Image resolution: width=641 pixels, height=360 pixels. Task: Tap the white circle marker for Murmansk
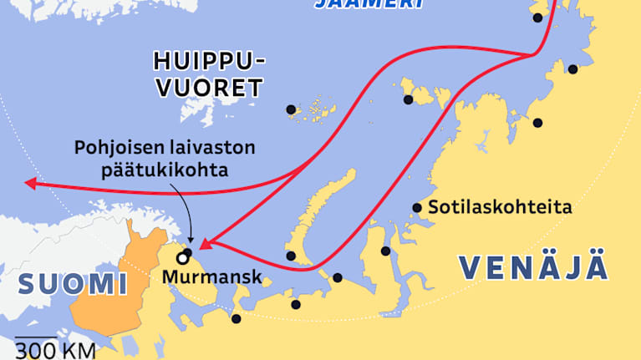181,257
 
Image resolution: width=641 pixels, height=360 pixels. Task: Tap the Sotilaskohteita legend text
500,207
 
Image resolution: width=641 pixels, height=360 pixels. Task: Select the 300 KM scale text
55,350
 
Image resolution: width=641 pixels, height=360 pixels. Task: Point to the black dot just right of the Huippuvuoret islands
291,109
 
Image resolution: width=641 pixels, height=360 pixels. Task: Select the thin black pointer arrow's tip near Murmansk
191,245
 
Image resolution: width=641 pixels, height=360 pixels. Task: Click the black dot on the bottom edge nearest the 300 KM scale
237,319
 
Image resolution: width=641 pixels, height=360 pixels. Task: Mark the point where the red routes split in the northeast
534,55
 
